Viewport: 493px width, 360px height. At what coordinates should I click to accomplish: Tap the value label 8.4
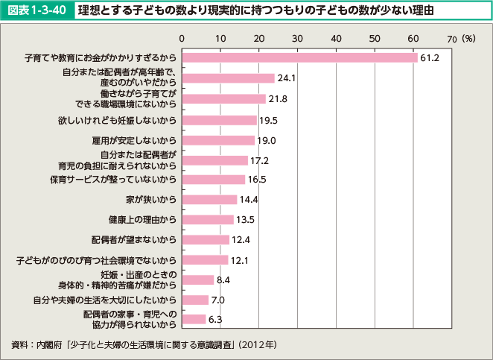point(224,280)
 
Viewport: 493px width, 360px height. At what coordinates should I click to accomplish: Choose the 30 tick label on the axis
point(297,37)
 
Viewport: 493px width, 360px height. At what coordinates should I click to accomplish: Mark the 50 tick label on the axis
point(375,37)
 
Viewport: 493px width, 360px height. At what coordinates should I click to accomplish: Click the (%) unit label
point(468,37)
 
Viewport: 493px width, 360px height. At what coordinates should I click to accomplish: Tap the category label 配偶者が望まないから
point(134,240)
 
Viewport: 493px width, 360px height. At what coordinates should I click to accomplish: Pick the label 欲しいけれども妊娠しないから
point(117,119)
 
